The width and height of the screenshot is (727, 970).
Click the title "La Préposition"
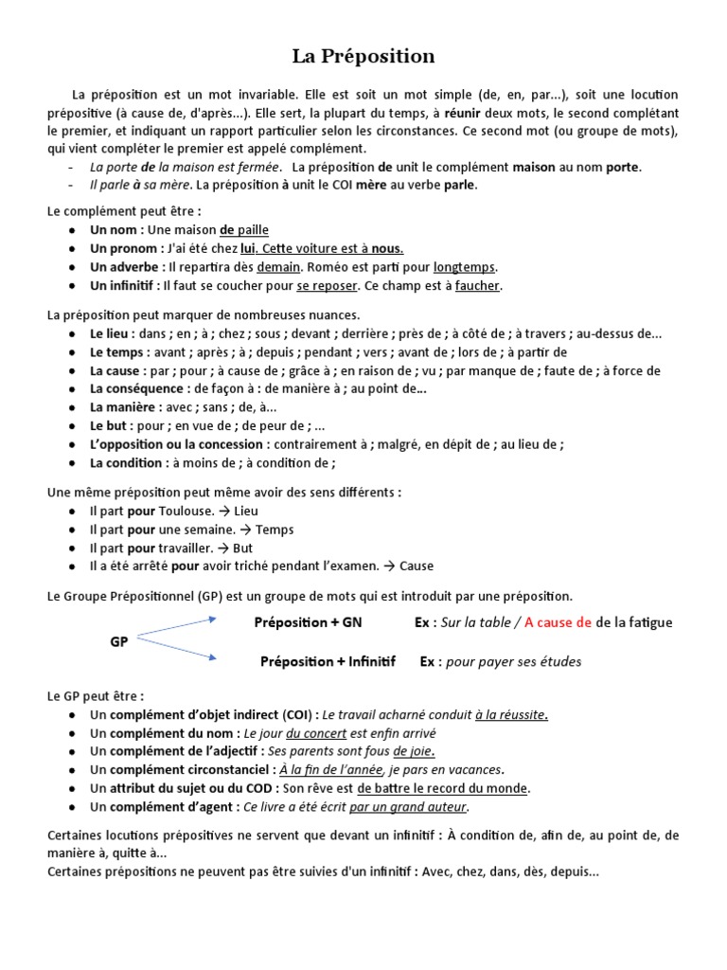pyautogui.click(x=363, y=57)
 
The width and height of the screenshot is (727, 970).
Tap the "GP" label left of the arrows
pyautogui.click(x=119, y=641)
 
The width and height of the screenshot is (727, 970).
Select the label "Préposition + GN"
pyautogui.click(x=308, y=622)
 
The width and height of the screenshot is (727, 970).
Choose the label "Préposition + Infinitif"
pyautogui.click(x=328, y=661)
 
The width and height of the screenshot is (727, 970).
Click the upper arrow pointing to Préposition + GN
pyautogui.click(x=179, y=628)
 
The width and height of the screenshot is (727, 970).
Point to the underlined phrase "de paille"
pyautogui.click(x=244, y=229)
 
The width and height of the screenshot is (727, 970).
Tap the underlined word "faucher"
pyautogui.click(x=477, y=285)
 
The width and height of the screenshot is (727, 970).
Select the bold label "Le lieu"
pyautogui.click(x=112, y=333)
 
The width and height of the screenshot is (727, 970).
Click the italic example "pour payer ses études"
pyautogui.click(x=514, y=661)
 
